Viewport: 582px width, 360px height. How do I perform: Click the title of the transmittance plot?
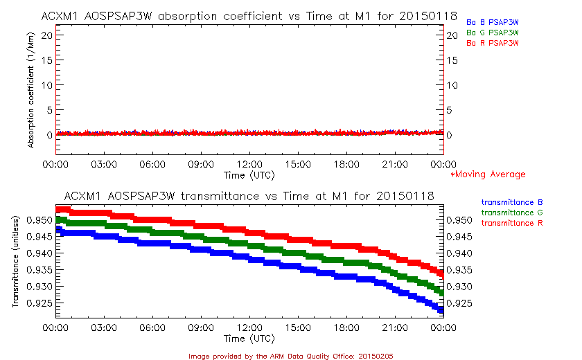(249, 196)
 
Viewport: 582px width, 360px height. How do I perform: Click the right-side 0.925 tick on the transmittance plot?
(461, 303)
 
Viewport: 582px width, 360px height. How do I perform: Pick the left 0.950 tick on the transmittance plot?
(39, 220)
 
